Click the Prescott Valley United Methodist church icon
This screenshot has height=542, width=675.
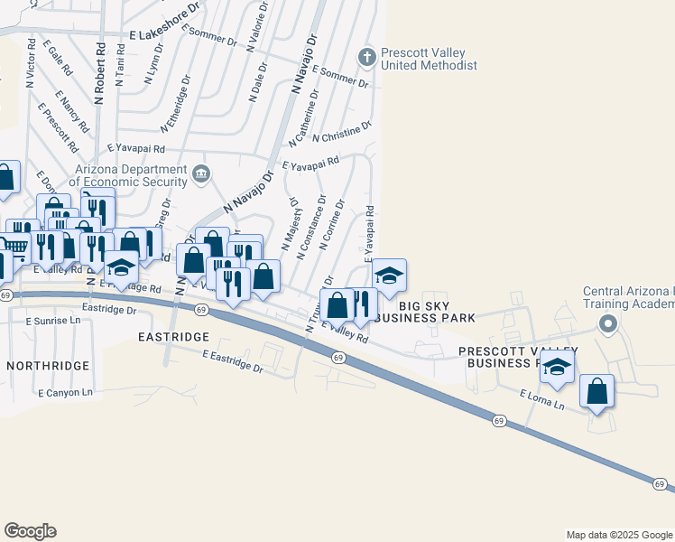click(x=366, y=57)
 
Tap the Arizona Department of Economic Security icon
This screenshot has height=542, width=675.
click(x=201, y=173)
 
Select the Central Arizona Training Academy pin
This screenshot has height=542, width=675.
click(x=609, y=323)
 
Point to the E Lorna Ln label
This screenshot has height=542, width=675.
click(x=541, y=399)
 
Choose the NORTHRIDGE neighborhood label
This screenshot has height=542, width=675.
click(x=48, y=366)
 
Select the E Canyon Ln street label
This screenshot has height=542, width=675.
click(x=66, y=393)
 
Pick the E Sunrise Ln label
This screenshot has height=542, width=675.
click(x=53, y=321)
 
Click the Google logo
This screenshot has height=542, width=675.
click(x=30, y=531)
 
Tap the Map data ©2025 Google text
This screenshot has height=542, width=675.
click(x=618, y=535)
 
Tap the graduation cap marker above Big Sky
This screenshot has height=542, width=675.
click(x=389, y=276)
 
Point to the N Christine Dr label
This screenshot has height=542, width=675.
click(x=342, y=132)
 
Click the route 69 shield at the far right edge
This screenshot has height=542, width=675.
click(x=660, y=485)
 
